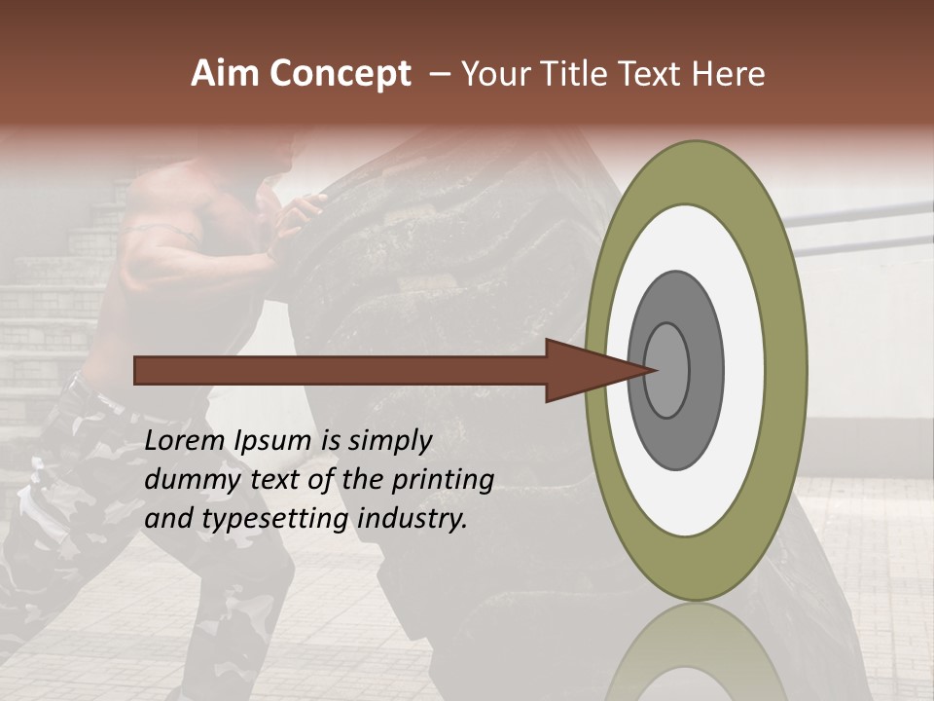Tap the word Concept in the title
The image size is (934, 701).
point(341,74)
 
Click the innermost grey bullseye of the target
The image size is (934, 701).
point(667,370)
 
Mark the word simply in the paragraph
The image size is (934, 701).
point(388,441)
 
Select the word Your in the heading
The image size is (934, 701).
point(494,74)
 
